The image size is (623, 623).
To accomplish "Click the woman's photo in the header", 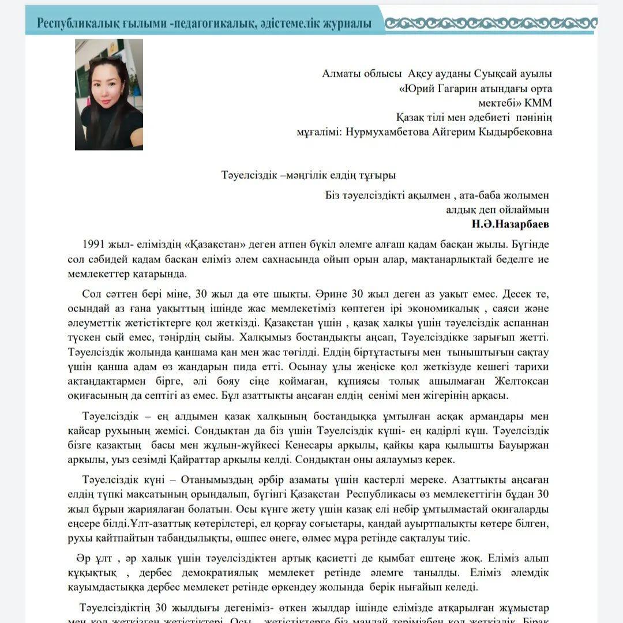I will click(x=108, y=95).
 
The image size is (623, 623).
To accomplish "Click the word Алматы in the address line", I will click(x=342, y=74).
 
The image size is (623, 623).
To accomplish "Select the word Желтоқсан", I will click(x=520, y=381).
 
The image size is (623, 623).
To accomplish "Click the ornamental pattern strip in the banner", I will click(x=490, y=23).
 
